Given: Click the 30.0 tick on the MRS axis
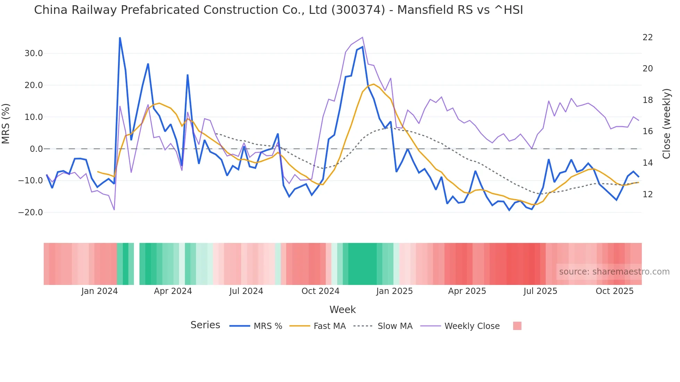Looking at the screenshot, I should pos(33,53).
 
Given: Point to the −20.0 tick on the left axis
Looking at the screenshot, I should pos(31,212).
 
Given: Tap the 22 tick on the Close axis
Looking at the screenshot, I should pos(647,37).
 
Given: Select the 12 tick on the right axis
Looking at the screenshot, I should pos(647,194).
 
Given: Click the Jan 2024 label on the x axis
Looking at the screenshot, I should pos(100,291).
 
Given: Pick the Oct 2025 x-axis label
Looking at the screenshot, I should pos(614,291).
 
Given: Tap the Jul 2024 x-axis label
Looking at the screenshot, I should pos(246,291).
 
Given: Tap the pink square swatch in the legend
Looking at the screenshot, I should pos(517,326).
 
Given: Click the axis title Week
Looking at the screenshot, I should pos(342,310).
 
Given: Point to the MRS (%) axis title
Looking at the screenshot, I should pos(6,124).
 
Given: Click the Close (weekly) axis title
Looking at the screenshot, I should pos(666,124).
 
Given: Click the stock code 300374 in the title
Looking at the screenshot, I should pos(358,10).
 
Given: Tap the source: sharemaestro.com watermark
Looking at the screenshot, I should pos(614,272).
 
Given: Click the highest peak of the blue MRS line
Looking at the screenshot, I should pos(120,38).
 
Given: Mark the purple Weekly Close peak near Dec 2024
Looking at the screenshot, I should pos(363,37).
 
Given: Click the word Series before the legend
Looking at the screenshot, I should pos(205,325).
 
